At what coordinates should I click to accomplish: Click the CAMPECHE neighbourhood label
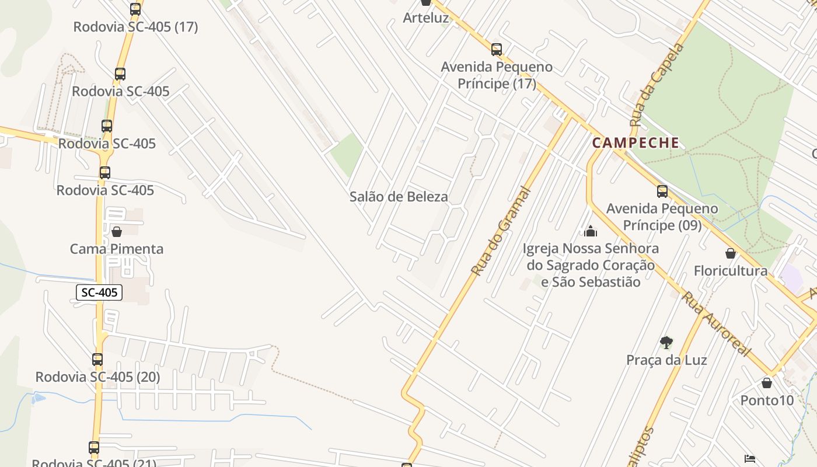[x=636, y=142]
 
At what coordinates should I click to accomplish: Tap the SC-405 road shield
[x=99, y=292]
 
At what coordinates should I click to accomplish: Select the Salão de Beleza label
[x=399, y=197]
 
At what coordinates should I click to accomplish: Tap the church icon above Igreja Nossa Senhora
[x=591, y=231]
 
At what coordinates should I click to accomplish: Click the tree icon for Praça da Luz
[x=666, y=343]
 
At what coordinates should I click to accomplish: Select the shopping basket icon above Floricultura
[x=730, y=253]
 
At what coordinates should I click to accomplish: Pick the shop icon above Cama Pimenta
[x=117, y=232]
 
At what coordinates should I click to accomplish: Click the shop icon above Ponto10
[x=767, y=383]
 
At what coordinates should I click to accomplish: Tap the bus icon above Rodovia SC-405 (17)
[x=135, y=9]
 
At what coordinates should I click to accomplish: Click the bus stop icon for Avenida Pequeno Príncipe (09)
[x=662, y=191]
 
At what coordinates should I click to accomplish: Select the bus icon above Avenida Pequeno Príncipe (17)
[x=497, y=49]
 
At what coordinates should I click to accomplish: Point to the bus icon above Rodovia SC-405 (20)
[x=97, y=360]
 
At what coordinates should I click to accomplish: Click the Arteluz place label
[x=426, y=18]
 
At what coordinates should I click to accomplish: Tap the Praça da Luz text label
[x=666, y=360]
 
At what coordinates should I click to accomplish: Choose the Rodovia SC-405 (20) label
[x=97, y=377]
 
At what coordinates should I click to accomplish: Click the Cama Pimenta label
[x=117, y=249]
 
